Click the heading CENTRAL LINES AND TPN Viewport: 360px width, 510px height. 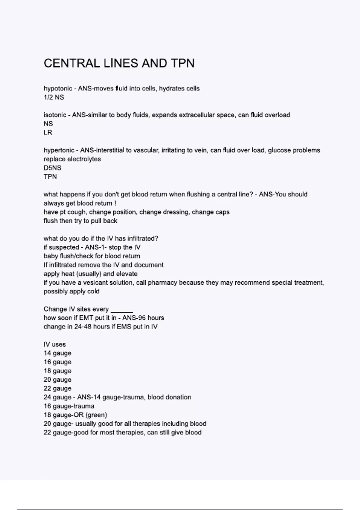[119, 63]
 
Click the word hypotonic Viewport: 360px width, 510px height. [58, 89]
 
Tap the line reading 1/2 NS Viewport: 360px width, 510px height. [54, 97]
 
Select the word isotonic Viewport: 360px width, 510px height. [55, 115]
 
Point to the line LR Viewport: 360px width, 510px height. [48, 133]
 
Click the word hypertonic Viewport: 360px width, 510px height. [59, 150]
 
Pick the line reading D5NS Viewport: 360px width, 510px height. [52, 168]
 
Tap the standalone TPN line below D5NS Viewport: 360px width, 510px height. [50, 177]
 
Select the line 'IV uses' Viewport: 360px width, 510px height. [55, 344]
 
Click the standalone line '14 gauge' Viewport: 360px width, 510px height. [57, 353]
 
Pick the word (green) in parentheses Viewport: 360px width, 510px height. [96, 415]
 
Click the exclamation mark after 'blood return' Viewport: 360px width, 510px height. [115, 203]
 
